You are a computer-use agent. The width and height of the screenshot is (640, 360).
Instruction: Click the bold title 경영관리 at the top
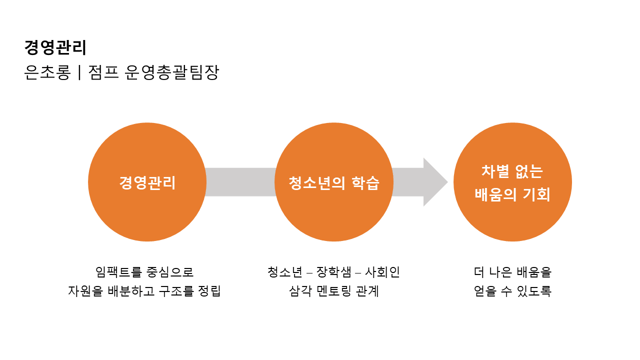tap(55, 47)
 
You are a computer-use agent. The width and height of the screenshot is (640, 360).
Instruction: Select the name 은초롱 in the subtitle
tap(47, 73)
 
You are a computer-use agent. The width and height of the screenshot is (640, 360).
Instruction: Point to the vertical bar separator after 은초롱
tap(79, 73)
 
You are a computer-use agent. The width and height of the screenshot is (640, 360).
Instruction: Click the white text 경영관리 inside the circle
tap(147, 182)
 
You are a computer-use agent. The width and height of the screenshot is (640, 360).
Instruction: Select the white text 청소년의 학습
tap(334, 183)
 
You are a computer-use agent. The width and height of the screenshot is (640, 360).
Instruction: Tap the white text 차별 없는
tap(512, 171)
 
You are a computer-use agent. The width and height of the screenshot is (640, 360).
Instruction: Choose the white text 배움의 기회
tap(512, 194)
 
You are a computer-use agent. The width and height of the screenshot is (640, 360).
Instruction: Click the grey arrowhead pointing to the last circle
tap(434, 182)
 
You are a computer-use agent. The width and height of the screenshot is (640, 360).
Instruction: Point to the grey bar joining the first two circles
tap(240, 182)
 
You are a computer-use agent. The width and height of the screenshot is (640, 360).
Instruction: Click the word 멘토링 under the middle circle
tap(334, 291)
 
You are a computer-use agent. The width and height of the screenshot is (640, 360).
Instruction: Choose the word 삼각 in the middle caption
tap(300, 291)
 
